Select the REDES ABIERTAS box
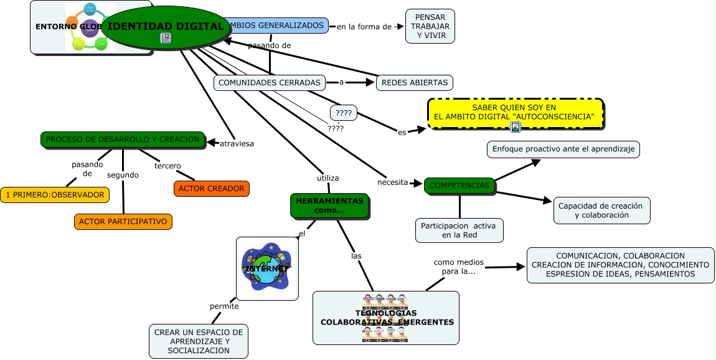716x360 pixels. tap(414, 82)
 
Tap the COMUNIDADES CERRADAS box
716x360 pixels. tap(270, 82)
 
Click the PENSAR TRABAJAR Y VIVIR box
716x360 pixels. tap(430, 26)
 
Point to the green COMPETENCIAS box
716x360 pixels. tap(460, 186)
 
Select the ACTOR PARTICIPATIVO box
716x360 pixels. tap(123, 221)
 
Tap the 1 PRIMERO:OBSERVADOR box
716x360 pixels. tap(54, 195)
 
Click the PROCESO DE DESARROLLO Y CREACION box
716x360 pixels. tap(123, 140)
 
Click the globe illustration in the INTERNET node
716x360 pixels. tap(267, 268)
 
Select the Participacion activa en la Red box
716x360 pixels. tap(458, 230)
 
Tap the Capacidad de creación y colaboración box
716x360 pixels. tap(601, 211)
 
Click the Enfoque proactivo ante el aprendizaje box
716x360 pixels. tap(563, 149)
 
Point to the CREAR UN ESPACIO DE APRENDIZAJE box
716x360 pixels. tap(199, 341)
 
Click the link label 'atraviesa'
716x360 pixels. tap(237, 144)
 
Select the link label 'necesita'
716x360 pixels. tap(392, 182)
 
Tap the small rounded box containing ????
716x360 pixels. tap(343, 113)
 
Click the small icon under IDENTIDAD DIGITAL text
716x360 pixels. tap(166, 38)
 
